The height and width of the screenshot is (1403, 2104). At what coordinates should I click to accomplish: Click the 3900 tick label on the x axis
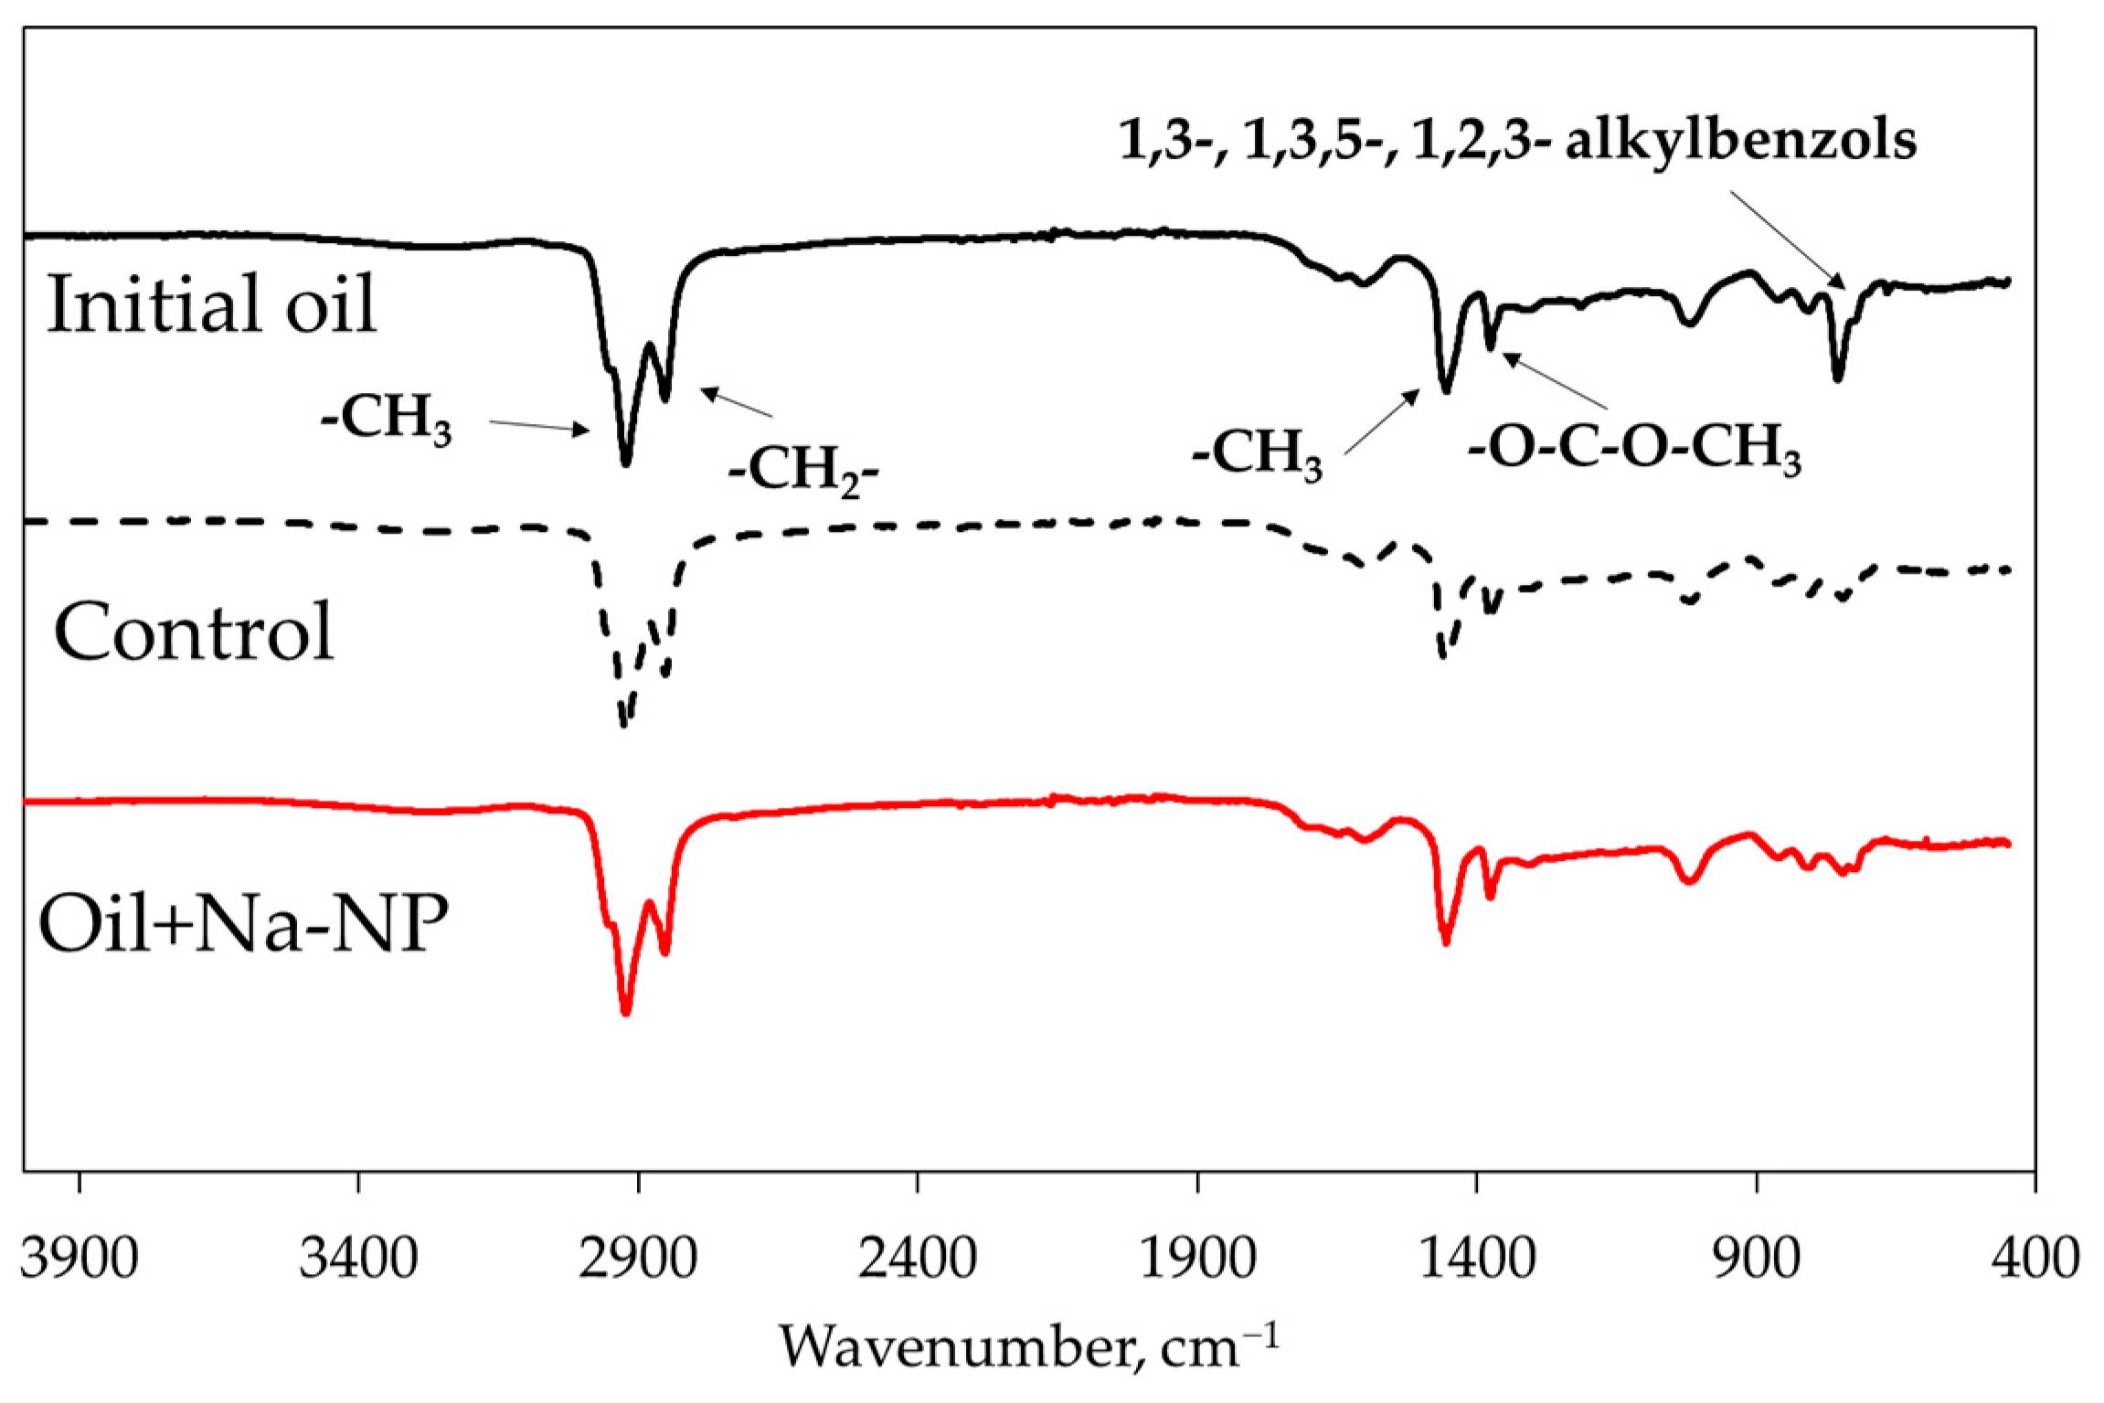coord(80,1259)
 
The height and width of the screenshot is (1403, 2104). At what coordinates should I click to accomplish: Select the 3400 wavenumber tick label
coord(358,1259)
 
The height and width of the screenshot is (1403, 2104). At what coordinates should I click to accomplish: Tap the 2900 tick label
coord(638,1259)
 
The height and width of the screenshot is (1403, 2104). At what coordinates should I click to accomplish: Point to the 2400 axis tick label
coord(918,1259)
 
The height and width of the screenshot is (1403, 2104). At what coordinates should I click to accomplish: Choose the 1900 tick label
coord(1197,1259)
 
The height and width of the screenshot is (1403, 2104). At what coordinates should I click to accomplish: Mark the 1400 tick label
coord(1476,1259)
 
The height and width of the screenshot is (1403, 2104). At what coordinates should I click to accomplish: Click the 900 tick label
coord(1756,1259)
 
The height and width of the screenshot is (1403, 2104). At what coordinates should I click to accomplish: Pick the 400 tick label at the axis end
coord(2035,1259)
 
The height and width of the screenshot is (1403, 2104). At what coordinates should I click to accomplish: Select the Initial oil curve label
coord(211,304)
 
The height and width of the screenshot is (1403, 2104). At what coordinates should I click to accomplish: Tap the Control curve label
coord(194,632)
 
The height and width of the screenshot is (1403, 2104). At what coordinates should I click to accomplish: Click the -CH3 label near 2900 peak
coord(387,420)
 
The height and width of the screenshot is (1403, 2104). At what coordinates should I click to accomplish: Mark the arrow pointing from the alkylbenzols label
coord(1787,239)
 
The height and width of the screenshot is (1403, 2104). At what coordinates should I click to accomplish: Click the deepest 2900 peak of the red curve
coord(626,1010)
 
